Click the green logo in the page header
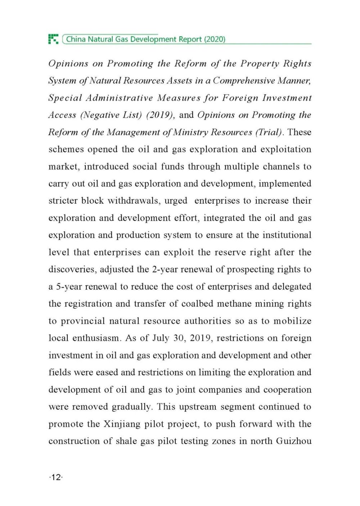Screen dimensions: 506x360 (53, 39)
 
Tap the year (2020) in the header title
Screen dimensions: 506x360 (215, 39)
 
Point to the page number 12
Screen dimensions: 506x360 (56, 477)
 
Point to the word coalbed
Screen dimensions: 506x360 (197, 304)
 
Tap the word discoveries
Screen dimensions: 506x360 (72, 269)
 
